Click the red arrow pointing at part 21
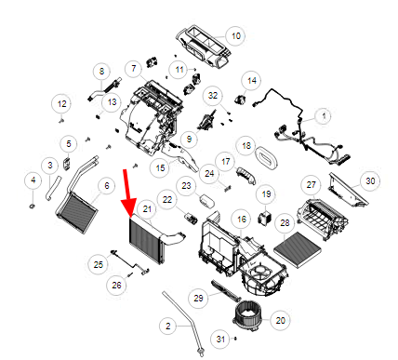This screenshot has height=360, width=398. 128,193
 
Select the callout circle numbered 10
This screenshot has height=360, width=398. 236,36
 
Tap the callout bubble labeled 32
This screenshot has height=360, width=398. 213,96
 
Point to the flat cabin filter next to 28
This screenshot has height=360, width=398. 298,249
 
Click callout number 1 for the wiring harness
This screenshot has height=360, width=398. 324,116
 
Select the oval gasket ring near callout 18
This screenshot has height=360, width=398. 266,158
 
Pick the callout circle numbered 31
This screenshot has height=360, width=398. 220,339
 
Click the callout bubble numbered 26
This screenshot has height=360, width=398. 116,285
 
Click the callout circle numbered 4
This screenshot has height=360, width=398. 33,180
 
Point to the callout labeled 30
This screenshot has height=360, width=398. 370,180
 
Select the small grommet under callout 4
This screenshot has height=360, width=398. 32,206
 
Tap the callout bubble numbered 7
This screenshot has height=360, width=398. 134,69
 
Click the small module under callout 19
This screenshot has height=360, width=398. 264,218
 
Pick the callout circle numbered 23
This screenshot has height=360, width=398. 186,186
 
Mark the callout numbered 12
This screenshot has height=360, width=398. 62,104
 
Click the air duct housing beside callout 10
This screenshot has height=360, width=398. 203,46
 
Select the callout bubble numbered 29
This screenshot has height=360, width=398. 198,299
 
